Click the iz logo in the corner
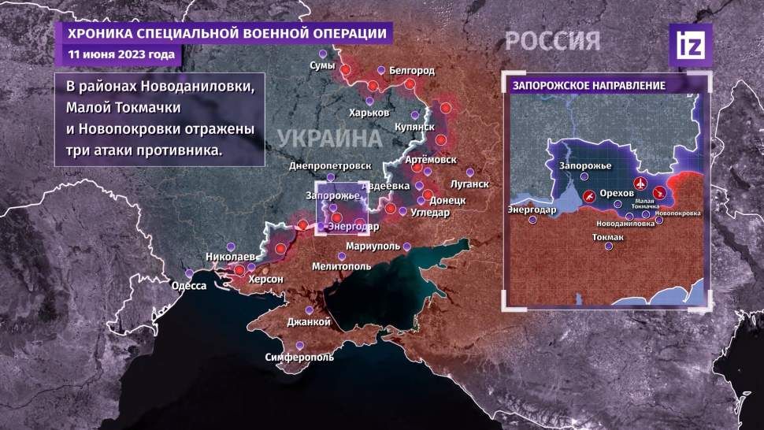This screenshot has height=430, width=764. pyautogui.click(x=690, y=45)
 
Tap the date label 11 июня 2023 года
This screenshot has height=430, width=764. pyautogui.click(x=121, y=55)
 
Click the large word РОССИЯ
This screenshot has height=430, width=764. pyautogui.click(x=552, y=41)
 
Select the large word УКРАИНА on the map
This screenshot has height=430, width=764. pyautogui.click(x=328, y=137)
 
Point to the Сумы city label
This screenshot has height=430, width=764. pyautogui.click(x=322, y=65)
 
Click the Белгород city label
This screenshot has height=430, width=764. pyautogui.click(x=412, y=71)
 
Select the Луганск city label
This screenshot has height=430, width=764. pyautogui.click(x=469, y=184)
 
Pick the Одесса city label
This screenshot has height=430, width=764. pyautogui.click(x=188, y=286)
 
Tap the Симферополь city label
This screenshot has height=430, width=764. pyautogui.click(x=299, y=357)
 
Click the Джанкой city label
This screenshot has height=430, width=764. pyautogui.click(x=308, y=322)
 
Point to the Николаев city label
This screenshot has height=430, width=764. pyautogui.click(x=230, y=257)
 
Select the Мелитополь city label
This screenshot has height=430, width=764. pyautogui.click(x=341, y=266)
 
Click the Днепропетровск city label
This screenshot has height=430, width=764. pyautogui.click(x=330, y=166)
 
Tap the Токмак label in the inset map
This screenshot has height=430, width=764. pyautogui.click(x=607, y=236)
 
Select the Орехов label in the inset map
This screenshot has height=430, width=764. pyautogui.click(x=616, y=194)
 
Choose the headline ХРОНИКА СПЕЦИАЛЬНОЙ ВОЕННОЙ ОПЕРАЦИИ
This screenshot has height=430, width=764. pyautogui.click(x=227, y=34)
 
